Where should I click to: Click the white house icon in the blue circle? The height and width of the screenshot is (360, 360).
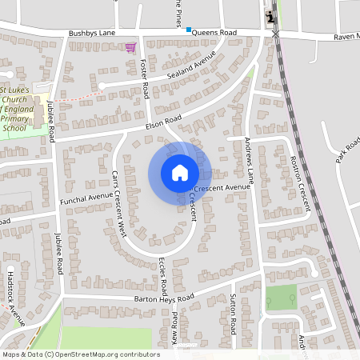pos(180,173)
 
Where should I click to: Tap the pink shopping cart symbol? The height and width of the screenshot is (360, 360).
pos(130,48)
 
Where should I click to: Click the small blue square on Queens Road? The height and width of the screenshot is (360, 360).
pos(189,30)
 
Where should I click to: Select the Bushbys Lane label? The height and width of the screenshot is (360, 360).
pos(91,34)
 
